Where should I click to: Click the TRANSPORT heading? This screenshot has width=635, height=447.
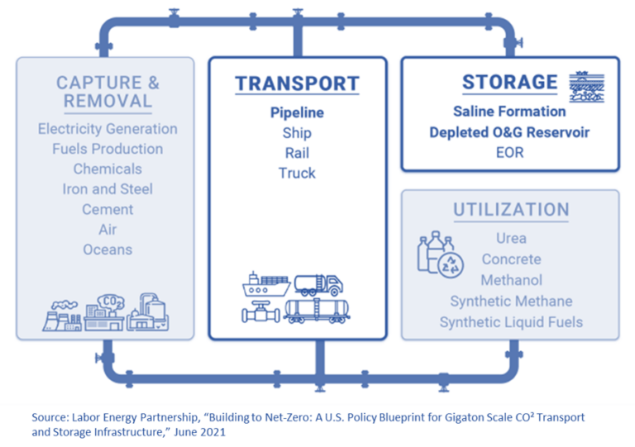pyautogui.click(x=297, y=83)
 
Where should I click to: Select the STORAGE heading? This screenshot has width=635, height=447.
pyautogui.click(x=509, y=82)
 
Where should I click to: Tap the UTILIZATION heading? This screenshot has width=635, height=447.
pyautogui.click(x=510, y=210)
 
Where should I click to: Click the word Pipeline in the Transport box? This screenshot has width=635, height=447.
pyautogui.click(x=297, y=113)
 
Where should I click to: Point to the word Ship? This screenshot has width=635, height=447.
pyautogui.click(x=297, y=133)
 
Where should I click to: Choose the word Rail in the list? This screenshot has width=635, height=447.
pyautogui.click(x=297, y=153)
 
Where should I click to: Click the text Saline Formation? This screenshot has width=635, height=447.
pyautogui.click(x=509, y=111)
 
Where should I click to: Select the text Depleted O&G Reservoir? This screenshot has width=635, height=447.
pyautogui.click(x=509, y=132)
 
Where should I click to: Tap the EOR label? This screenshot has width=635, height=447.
pyautogui.click(x=509, y=153)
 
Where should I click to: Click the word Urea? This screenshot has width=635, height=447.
pyautogui.click(x=511, y=239)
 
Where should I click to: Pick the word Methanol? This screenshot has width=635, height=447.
pyautogui.click(x=511, y=280)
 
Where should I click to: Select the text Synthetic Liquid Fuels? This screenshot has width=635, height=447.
pyautogui.click(x=511, y=322)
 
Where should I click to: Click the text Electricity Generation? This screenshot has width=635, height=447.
pyautogui.click(x=107, y=129)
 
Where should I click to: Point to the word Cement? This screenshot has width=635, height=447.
pyautogui.click(x=107, y=209)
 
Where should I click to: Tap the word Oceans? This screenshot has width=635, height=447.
pyautogui.click(x=107, y=250)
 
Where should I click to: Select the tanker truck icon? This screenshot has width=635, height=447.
pyautogui.click(x=318, y=284)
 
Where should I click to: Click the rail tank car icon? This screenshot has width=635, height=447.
pyautogui.click(x=317, y=311)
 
